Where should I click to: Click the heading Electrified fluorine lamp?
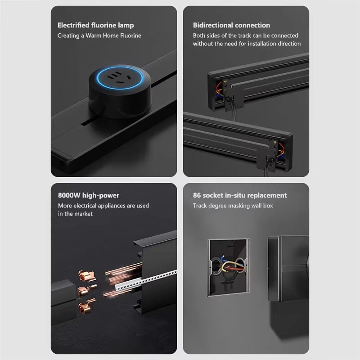[95, 25]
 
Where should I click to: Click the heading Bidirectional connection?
[231, 25]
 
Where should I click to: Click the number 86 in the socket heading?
[197, 195]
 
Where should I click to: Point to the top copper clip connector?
[86, 276]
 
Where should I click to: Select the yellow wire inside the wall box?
[232, 265]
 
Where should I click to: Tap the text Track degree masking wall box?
[233, 206]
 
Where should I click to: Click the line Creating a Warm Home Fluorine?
[99, 36]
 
